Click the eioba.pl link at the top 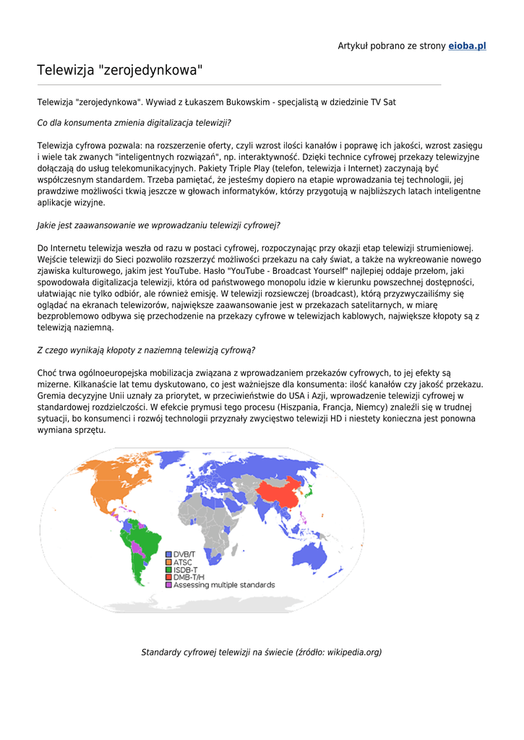(467, 46)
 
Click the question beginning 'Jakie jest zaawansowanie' (158, 225)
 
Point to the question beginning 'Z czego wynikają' (146, 350)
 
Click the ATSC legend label (183, 562)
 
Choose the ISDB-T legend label (186, 570)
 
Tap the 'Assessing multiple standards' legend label (223, 585)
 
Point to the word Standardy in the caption (162, 653)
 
